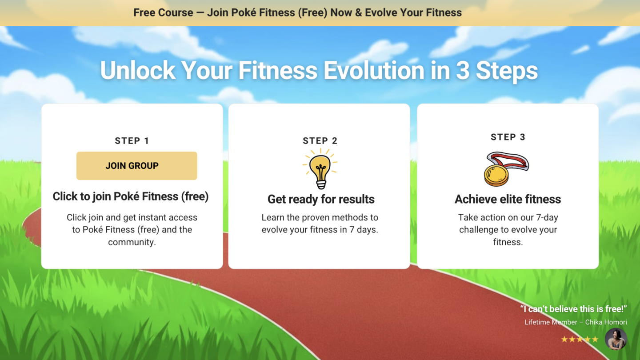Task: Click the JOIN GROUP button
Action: point(136,166)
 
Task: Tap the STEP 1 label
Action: point(132,140)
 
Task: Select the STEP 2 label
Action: point(320,140)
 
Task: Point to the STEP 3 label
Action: point(508,137)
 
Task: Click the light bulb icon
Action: point(320,169)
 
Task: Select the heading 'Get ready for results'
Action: point(321,199)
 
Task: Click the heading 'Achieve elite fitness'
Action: point(508,199)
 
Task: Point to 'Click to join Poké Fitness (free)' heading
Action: point(131,196)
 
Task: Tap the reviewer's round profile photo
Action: point(616,339)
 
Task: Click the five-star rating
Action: point(580,339)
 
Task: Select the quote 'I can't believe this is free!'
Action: point(573,309)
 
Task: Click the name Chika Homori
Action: point(606,322)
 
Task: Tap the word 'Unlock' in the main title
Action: point(138,70)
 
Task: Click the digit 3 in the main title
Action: point(463,71)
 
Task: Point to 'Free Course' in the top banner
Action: point(163,12)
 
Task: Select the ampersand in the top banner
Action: point(358,12)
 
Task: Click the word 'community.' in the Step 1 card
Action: point(132,242)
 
